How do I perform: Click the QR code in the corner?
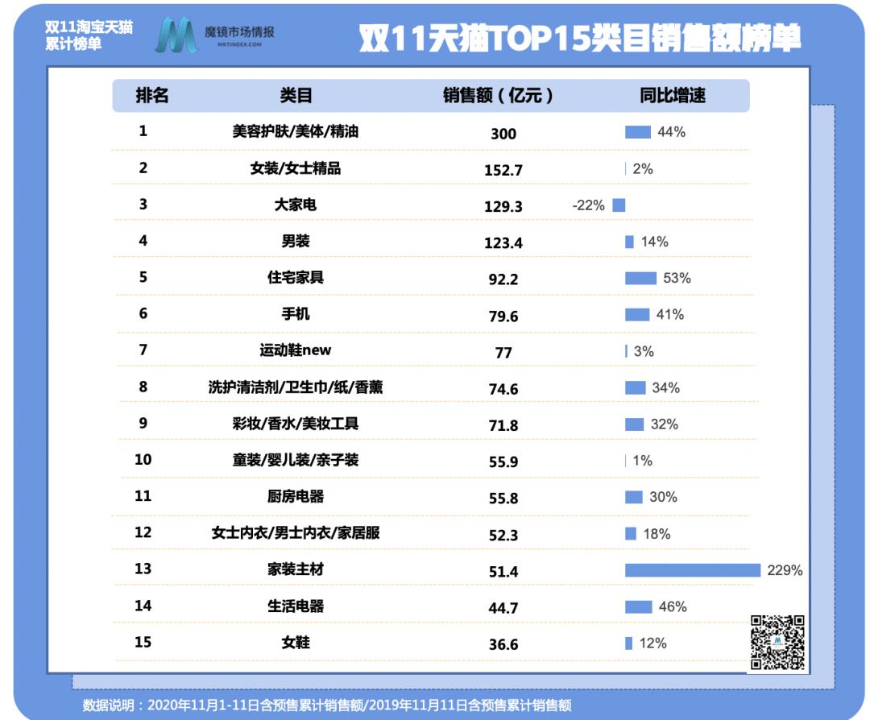click(x=777, y=643)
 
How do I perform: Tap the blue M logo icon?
click(x=176, y=36)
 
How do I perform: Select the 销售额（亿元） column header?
click(x=499, y=95)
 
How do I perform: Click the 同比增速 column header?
click(x=673, y=95)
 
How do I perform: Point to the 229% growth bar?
click(x=692, y=570)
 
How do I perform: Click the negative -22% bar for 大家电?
click(x=619, y=205)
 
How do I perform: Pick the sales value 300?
click(x=503, y=134)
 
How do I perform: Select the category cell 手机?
click(x=296, y=313)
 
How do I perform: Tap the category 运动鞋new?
click(x=296, y=350)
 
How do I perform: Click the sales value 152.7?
click(x=503, y=170)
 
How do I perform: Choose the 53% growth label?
click(x=677, y=278)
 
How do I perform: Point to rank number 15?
click(x=143, y=643)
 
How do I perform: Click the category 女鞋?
click(x=296, y=643)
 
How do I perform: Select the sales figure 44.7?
click(x=503, y=607)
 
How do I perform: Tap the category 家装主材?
click(x=296, y=569)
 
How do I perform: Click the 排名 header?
click(x=152, y=95)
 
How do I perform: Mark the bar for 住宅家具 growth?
click(x=640, y=278)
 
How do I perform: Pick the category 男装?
click(x=296, y=241)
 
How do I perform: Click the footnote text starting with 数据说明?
click(x=327, y=706)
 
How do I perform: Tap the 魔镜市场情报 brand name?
click(x=239, y=32)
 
